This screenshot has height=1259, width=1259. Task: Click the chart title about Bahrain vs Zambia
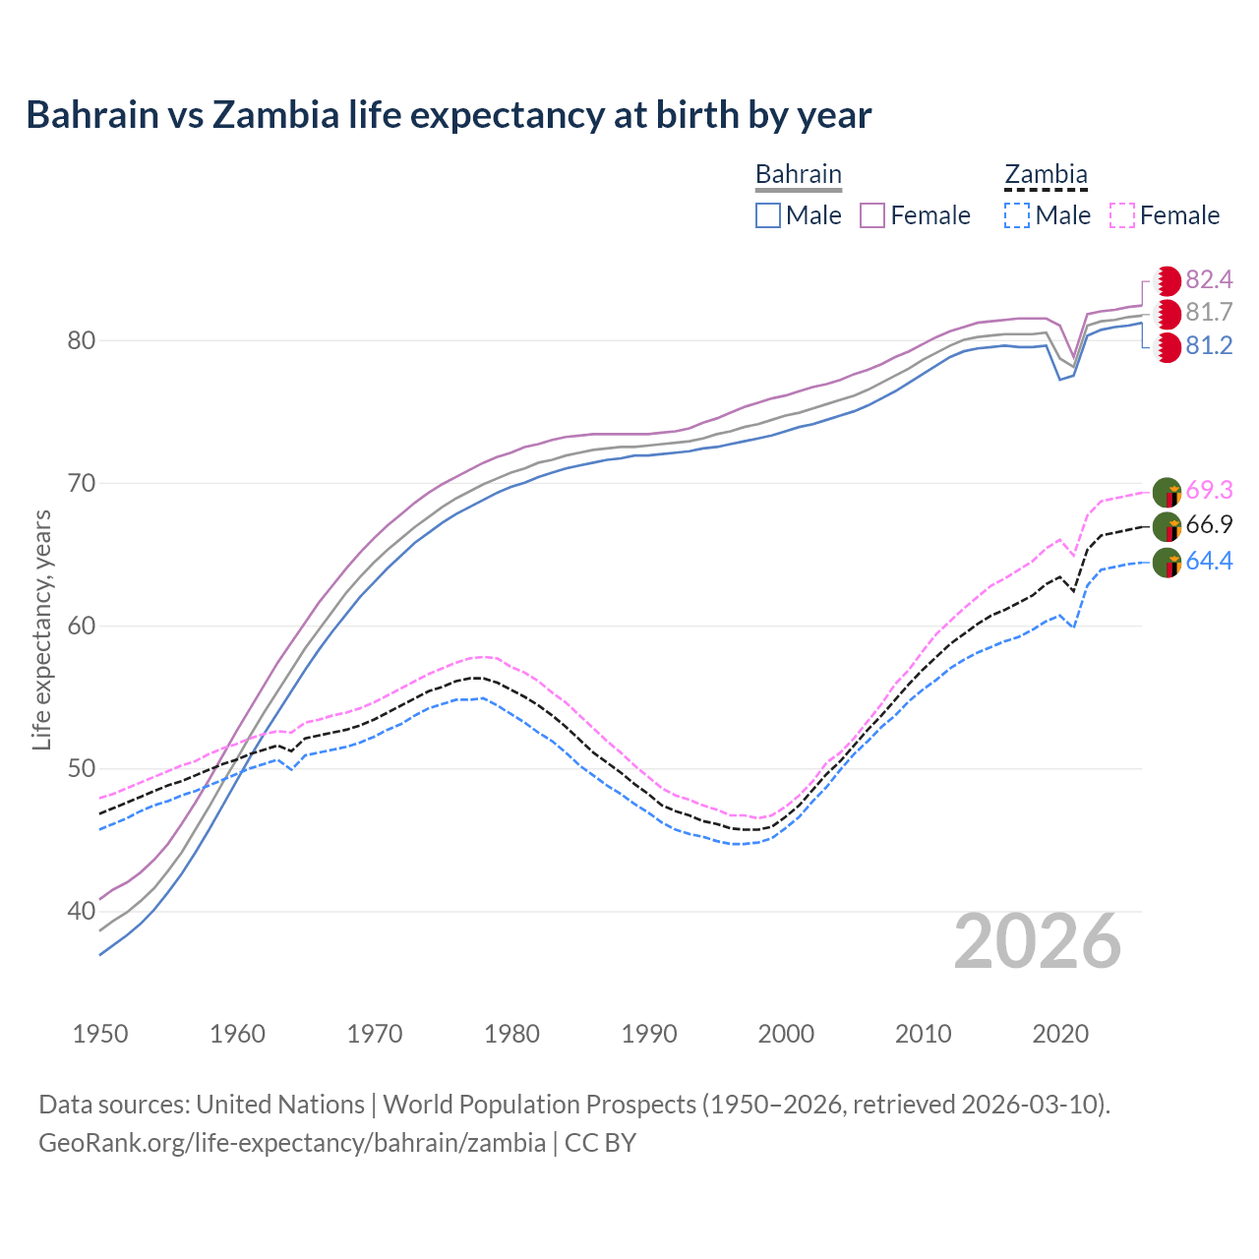[449, 115]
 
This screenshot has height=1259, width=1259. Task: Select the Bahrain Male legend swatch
[768, 215]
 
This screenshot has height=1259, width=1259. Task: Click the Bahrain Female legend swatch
[872, 215]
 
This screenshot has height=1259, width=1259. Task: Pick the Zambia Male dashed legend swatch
[1017, 215]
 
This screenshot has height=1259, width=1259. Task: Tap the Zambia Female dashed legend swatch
[1121, 215]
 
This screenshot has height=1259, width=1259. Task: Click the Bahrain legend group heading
[798, 175]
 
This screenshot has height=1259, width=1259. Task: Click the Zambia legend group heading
[1046, 175]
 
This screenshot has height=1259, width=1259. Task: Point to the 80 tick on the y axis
[81, 341]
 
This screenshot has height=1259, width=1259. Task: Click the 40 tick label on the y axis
[81, 912]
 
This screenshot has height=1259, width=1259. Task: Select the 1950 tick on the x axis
[100, 1034]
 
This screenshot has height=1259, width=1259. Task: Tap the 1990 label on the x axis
[649, 1034]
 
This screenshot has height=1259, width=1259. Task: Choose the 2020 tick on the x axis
[1060, 1034]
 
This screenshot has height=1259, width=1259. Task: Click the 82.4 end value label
[1209, 280]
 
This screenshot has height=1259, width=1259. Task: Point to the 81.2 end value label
[1209, 346]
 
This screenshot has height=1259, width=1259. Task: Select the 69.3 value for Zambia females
[1209, 490]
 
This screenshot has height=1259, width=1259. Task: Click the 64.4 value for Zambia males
[1209, 562]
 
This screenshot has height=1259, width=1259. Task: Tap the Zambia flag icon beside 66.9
[1167, 527]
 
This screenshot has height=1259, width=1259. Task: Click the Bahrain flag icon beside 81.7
[1167, 315]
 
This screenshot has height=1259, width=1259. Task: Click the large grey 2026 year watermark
[1038, 942]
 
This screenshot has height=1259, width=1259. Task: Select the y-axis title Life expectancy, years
[42, 629]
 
